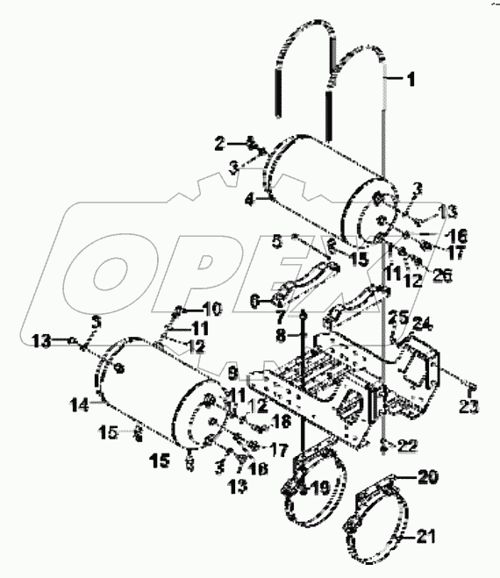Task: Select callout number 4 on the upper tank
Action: pos(249,199)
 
